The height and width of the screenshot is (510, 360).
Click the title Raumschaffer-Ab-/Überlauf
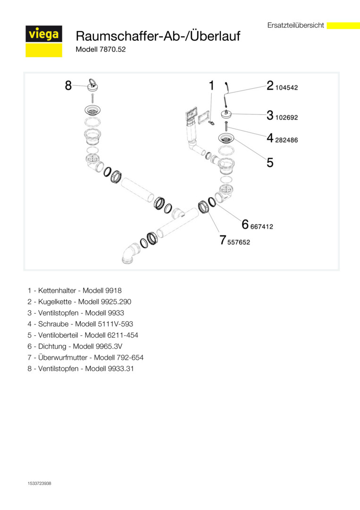(158, 36)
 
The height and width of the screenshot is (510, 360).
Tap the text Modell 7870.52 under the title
(100, 50)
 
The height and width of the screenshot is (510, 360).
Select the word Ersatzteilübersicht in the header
(295, 25)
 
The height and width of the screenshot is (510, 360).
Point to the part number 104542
(287, 88)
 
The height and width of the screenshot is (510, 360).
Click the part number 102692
(287, 117)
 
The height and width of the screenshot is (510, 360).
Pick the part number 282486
(287, 140)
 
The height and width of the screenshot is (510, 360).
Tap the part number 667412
(262, 227)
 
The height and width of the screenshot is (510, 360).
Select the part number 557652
(239, 242)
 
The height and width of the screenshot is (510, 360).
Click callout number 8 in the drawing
(68, 85)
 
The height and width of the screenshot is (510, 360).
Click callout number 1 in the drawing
(211, 85)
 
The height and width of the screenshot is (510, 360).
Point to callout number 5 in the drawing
(270, 162)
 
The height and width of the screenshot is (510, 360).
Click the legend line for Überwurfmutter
(85, 357)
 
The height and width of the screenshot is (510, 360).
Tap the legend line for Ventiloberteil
(83, 335)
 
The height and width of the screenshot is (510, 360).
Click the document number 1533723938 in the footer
(40, 484)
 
